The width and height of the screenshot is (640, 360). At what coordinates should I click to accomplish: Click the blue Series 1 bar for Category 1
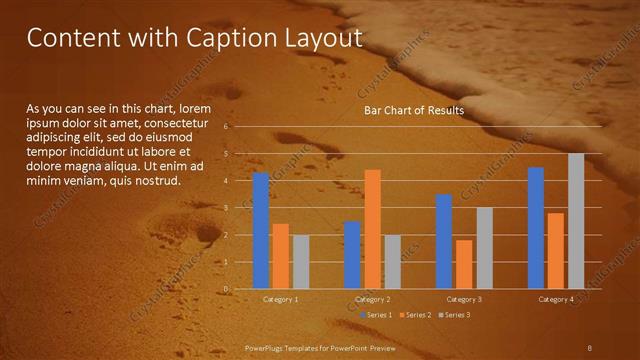pyautogui.click(x=261, y=231)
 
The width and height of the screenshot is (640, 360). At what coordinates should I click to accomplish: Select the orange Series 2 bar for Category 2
pyautogui.click(x=372, y=229)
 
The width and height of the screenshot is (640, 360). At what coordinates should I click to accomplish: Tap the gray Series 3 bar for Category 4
pyautogui.click(x=576, y=221)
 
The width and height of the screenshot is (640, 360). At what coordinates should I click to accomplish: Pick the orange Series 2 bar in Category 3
pyautogui.click(x=464, y=264)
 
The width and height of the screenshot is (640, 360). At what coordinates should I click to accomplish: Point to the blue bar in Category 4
pyautogui.click(x=536, y=228)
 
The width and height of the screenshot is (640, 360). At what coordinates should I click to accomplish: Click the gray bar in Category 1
pyautogui.click(x=301, y=262)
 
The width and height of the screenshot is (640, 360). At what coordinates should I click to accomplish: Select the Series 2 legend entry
pyautogui.click(x=417, y=315)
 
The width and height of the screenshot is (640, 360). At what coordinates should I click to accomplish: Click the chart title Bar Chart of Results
pyautogui.click(x=413, y=110)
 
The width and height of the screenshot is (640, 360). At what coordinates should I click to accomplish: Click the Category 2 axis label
pyautogui.click(x=372, y=299)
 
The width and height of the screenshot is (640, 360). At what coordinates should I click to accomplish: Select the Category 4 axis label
pyautogui.click(x=556, y=299)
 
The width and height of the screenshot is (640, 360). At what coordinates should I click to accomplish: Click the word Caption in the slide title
pyautogui.click(x=228, y=39)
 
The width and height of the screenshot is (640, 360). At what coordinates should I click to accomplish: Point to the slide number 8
pyautogui.click(x=589, y=346)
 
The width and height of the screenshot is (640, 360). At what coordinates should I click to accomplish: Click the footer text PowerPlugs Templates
pyautogui.click(x=288, y=346)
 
